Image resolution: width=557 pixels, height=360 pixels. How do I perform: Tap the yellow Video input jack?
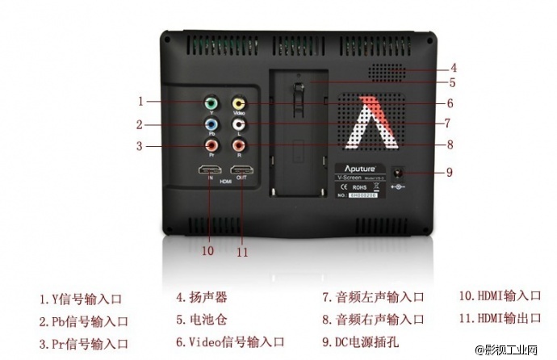coord(238,103)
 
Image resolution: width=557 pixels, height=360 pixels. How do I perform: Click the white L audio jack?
coord(238,124)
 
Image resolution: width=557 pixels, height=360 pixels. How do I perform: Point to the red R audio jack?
coord(238,146)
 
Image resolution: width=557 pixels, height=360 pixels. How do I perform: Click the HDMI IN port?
coord(209,171)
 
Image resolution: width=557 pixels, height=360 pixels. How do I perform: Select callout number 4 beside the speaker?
coord(454,68)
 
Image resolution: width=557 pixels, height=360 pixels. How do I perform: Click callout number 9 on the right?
coord(450,171)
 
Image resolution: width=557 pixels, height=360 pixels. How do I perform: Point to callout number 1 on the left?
coord(140,102)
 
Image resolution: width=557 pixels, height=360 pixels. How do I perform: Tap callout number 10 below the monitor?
coord(207,251)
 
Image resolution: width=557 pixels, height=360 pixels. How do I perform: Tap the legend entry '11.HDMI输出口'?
coord(500,318)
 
